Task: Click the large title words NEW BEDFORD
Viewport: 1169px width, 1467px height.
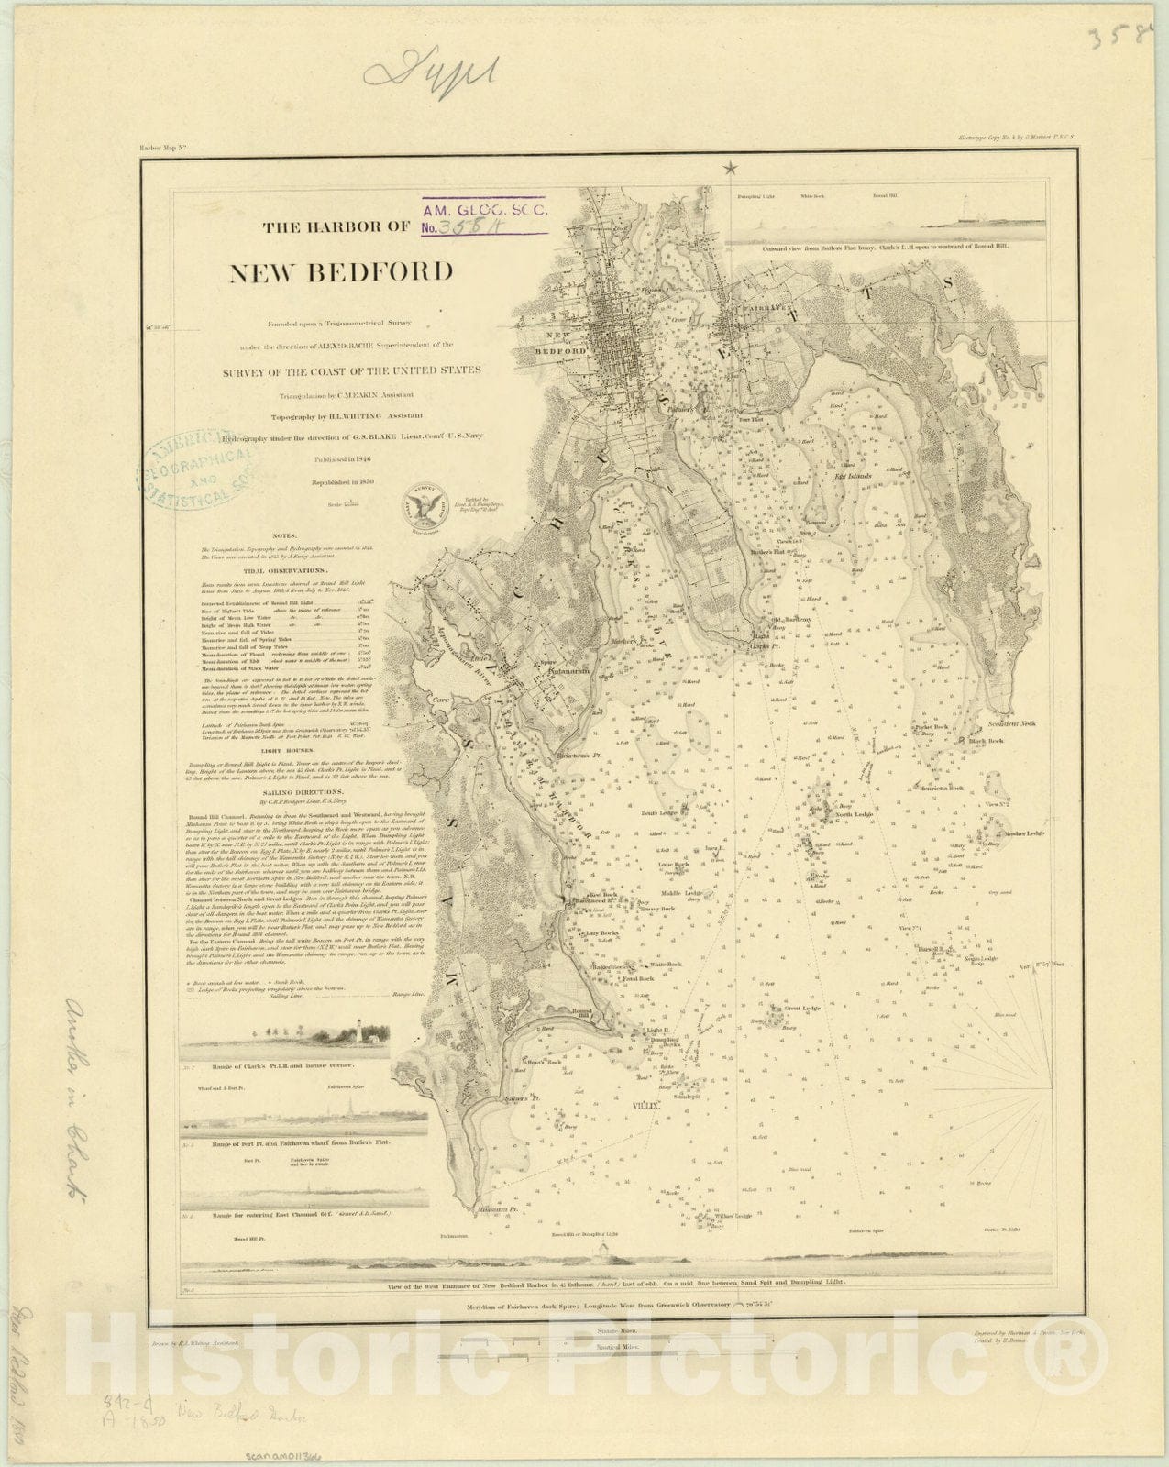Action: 341,271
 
